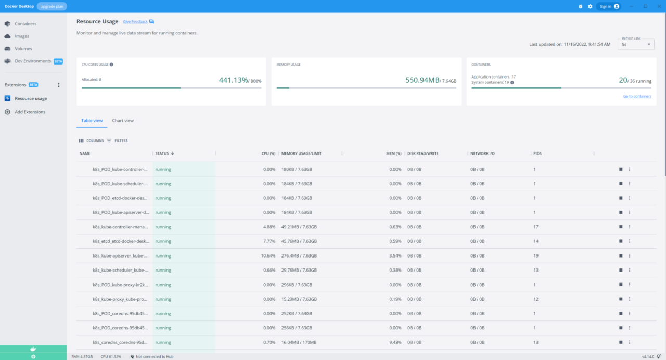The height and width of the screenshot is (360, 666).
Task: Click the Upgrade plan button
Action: (52, 6)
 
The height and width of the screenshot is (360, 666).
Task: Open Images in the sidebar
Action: (22, 36)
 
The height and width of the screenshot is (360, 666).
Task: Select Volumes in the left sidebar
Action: (23, 49)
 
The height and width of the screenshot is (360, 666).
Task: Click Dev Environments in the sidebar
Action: (33, 61)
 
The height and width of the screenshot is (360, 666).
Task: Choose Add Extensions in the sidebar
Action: (30, 112)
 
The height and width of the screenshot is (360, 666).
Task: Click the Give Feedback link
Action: (135, 22)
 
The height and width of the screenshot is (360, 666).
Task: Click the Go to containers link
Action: (637, 96)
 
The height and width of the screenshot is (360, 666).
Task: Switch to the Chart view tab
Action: (123, 121)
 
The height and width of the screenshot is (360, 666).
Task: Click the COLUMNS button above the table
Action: (91, 140)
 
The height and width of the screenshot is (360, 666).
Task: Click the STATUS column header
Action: (162, 153)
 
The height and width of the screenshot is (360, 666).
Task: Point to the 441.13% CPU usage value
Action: (233, 80)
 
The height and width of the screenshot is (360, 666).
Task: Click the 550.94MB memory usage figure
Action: (422, 80)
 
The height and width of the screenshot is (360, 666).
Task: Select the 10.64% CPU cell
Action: (268, 256)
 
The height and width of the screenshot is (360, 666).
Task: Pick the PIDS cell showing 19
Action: (535, 256)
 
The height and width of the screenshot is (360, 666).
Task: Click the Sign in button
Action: (608, 6)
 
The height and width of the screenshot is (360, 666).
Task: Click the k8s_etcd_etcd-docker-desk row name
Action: (120, 241)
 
